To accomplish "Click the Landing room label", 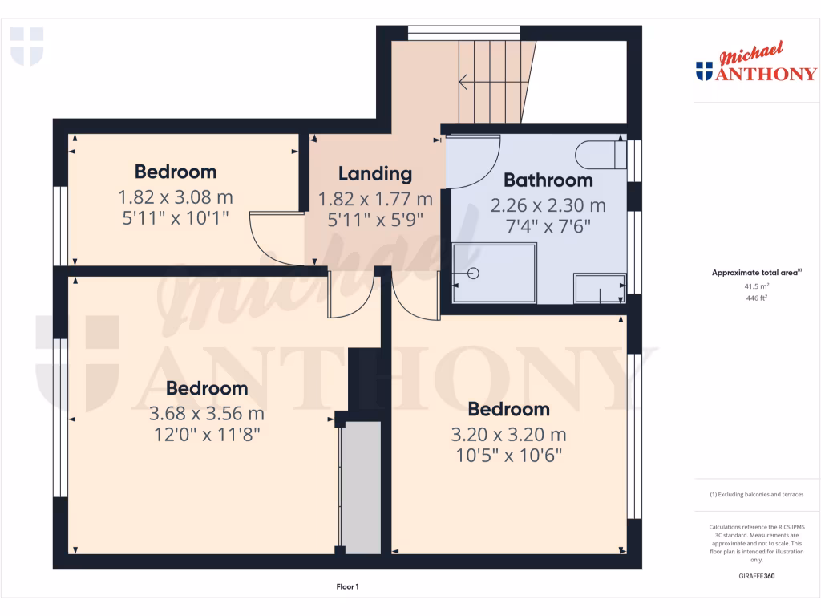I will click(x=374, y=173).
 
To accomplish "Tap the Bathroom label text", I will click(x=548, y=180).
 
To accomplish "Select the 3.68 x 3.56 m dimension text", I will click(x=206, y=414).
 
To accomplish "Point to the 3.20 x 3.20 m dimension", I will click(x=508, y=435).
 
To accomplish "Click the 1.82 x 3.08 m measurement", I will click(x=175, y=197).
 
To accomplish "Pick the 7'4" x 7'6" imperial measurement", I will click(x=548, y=226).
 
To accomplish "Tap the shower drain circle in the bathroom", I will click(x=473, y=273).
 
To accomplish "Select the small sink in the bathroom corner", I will click(x=599, y=289).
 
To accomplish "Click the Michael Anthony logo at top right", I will click(x=756, y=65).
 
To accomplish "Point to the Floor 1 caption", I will click(x=347, y=587).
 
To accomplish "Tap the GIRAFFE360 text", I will click(x=757, y=576).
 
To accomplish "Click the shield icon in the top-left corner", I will click(x=26, y=46).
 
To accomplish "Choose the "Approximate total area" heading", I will click(x=755, y=273).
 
